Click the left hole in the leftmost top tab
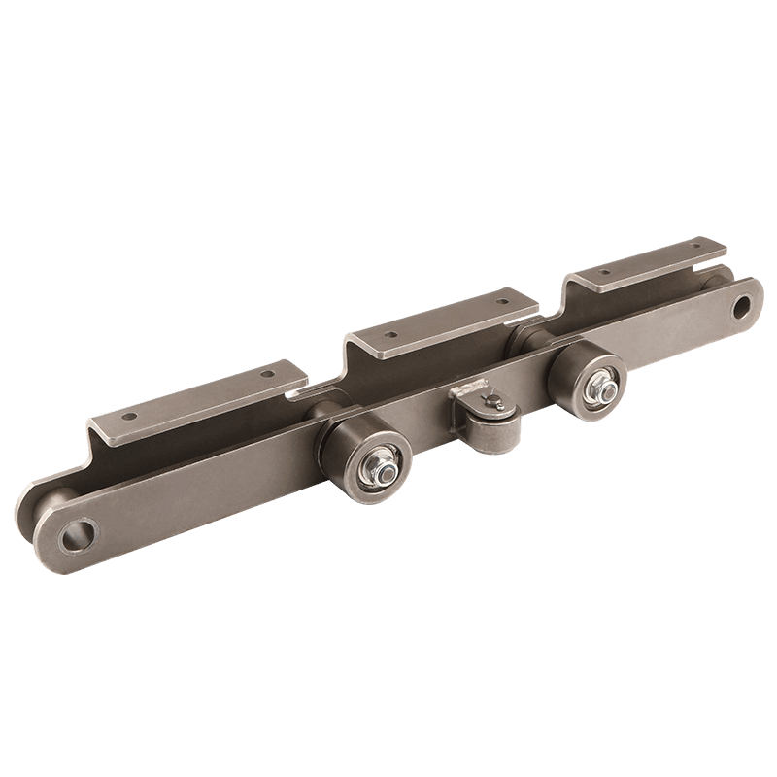tap(133, 414)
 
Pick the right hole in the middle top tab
tap(502, 302)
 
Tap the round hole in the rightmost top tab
tap(608, 275)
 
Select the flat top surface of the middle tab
tap(447, 321)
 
